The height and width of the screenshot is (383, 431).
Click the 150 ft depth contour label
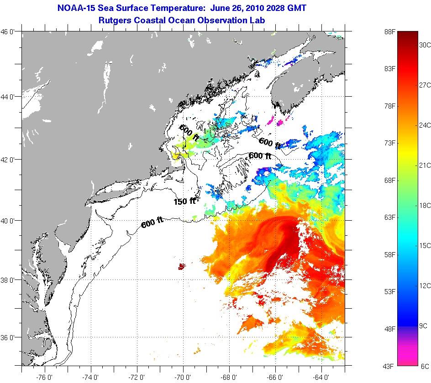click(x=184, y=201)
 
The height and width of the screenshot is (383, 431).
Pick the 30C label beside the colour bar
click(x=425, y=45)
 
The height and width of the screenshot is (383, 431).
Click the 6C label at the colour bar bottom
click(x=425, y=366)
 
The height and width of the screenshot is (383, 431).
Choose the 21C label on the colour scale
click(x=425, y=165)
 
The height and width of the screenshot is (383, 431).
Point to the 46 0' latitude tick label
click(x=11, y=32)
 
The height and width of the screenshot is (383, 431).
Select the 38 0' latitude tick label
click(x=11, y=279)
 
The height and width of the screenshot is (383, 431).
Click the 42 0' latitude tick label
click(x=11, y=160)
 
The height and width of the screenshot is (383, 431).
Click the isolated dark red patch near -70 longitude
click(x=182, y=266)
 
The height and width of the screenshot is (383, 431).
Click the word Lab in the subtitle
click(x=258, y=21)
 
